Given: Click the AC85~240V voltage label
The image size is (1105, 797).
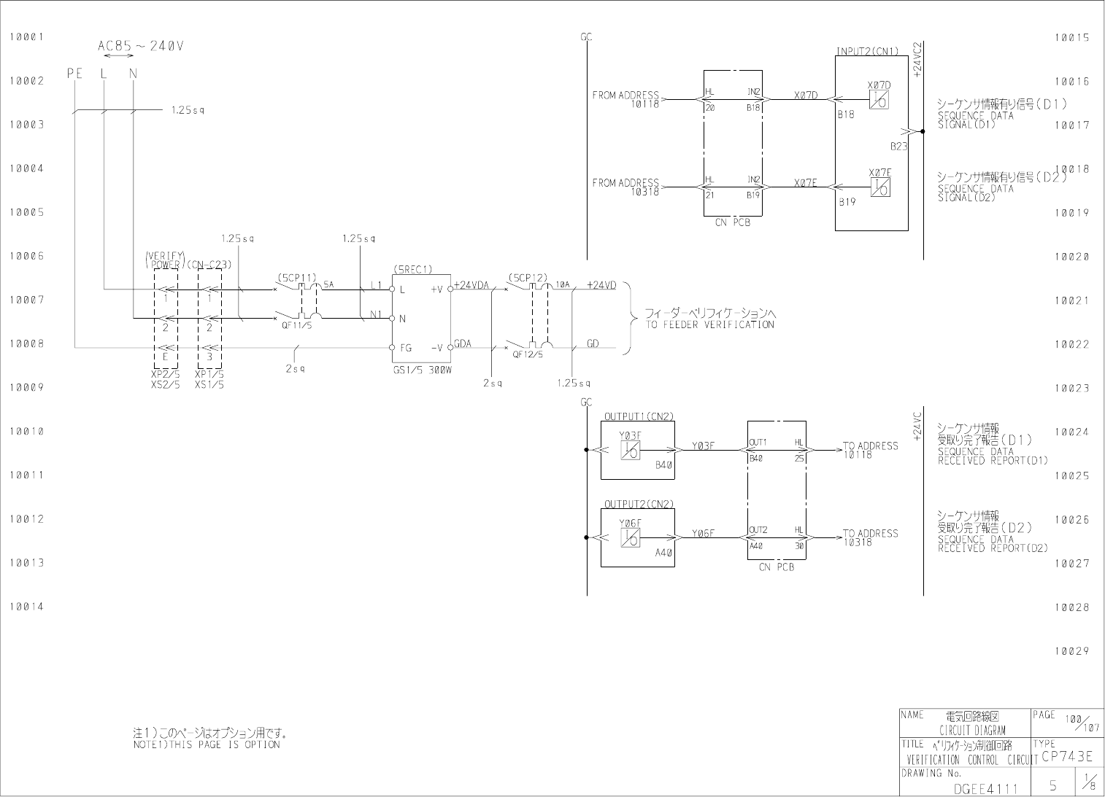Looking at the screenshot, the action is coord(141,46).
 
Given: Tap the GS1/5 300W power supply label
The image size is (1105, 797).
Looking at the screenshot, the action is coord(421,370).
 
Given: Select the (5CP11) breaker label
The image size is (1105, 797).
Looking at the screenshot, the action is coord(296,278).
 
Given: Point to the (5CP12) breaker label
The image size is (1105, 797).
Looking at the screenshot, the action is coord(528,278).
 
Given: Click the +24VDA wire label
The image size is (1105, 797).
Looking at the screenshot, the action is coord(471,285).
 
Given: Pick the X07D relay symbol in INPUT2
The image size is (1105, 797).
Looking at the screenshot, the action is coord(879,99).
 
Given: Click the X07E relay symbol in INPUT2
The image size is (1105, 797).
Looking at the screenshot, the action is coord(879,187).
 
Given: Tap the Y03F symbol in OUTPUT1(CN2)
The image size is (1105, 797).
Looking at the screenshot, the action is coord(630,450).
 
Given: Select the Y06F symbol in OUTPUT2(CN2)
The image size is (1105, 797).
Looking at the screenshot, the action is coord(630,537).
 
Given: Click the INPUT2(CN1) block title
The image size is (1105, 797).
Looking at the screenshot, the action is coord(867,51).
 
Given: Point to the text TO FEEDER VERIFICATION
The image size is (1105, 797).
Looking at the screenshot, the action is coord(709,324).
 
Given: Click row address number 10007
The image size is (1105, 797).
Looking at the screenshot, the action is coord(27,300).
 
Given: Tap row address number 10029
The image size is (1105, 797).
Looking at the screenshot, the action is coord(1071,650).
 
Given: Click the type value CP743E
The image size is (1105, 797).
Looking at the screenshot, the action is coord(1067,756).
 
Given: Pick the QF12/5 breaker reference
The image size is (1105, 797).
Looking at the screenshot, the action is coord(528,354).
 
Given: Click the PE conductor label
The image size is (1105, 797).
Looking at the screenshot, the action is coord(74,73).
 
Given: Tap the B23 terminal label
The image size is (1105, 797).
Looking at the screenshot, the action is coord(898,146).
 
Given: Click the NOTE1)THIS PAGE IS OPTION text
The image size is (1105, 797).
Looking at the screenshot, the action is coord(207,744).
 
